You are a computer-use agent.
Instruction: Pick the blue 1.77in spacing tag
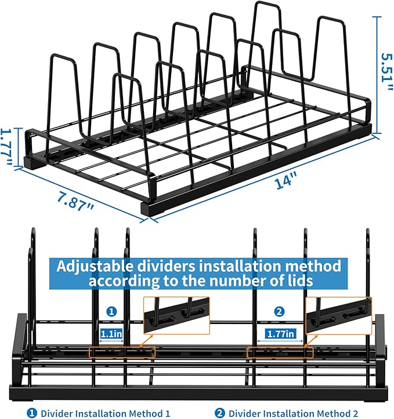281,333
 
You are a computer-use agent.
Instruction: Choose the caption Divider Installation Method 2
296,412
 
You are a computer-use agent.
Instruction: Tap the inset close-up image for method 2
338,316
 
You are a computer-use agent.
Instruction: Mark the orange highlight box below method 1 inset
122,352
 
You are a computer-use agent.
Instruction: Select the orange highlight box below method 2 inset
280,352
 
